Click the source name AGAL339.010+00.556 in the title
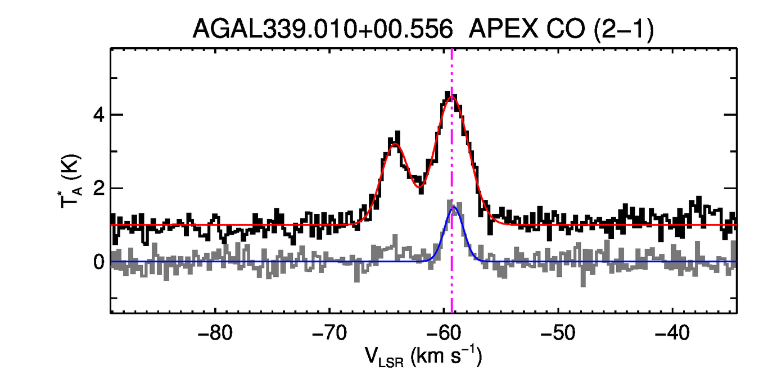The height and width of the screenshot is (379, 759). click(x=323, y=29)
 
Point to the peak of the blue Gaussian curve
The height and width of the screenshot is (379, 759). click(x=453, y=207)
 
